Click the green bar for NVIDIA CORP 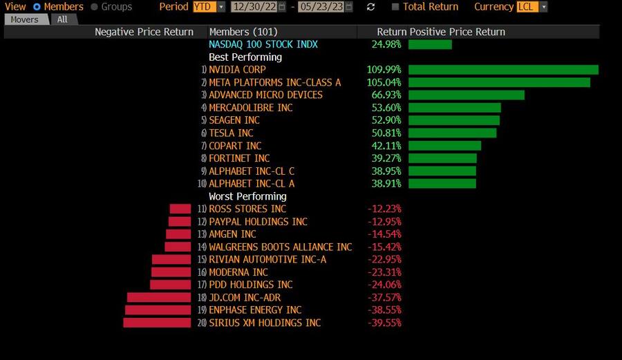[x=502, y=70]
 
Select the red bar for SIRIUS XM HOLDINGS [x=157, y=323]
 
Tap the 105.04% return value [x=384, y=82]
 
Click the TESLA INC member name [x=231, y=133]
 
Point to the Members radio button [x=37, y=7]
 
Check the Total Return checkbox [x=395, y=7]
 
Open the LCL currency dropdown [x=532, y=7]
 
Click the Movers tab [x=25, y=19]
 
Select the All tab [x=62, y=19]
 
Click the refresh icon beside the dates [x=371, y=7]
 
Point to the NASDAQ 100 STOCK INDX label [x=263, y=44]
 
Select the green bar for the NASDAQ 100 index [x=430, y=44]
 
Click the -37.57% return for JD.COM [x=384, y=297]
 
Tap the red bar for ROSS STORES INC [x=180, y=209]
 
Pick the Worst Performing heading [x=247, y=196]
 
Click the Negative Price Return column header [x=144, y=32]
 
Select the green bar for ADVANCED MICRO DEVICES [x=466, y=95]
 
